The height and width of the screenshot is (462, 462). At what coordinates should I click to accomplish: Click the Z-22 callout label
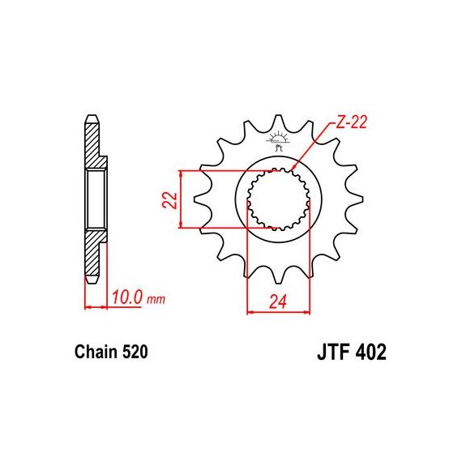point(351,122)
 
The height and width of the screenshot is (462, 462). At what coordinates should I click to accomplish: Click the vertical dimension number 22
point(170,200)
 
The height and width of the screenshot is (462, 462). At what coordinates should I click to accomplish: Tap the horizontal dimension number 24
point(278,302)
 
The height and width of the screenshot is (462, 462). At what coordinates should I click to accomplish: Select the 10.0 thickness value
point(127,297)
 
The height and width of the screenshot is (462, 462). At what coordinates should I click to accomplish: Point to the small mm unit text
point(156,300)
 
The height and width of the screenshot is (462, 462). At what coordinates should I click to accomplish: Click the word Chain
point(96,352)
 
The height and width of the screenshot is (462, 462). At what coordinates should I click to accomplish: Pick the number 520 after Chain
point(135,352)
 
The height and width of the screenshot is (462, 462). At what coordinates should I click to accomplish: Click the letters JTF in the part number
point(334,352)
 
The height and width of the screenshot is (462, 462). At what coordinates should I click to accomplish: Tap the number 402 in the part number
point(370,352)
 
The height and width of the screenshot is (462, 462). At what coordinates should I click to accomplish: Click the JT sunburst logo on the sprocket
point(277,140)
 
